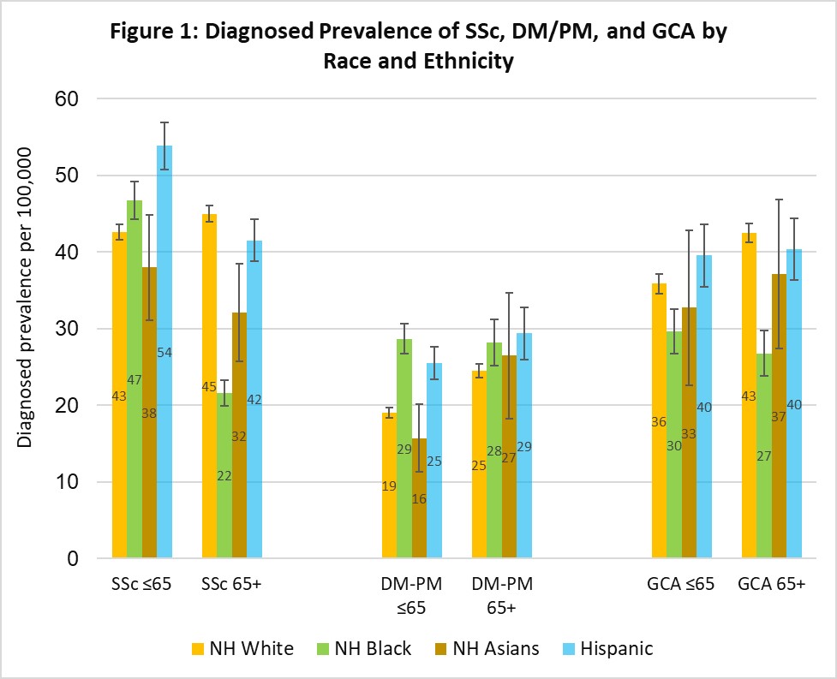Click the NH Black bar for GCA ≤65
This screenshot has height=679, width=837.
point(674,445)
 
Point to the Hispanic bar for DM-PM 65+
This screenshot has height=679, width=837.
point(523,446)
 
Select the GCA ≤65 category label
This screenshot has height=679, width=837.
point(682,586)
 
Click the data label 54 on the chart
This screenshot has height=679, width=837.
point(164,352)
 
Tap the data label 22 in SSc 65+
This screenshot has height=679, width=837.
point(224,475)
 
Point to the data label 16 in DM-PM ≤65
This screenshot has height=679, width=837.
point(419,498)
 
